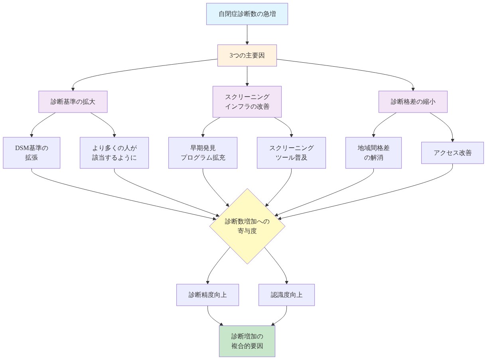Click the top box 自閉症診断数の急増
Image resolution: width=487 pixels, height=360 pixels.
pos(247,14)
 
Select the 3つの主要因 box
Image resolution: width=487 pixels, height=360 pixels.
pos(247,55)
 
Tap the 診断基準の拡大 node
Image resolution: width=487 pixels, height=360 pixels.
pos(73,102)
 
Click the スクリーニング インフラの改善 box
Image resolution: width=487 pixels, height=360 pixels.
pos(247,102)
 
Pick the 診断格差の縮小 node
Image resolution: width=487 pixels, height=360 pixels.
pos(413,102)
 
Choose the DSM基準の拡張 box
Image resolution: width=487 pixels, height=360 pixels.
pos(32,153)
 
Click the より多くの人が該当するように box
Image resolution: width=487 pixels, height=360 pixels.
pos(114,153)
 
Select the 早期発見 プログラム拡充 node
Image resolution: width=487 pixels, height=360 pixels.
pos(203,153)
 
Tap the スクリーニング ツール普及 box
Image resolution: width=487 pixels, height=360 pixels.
pos(291,153)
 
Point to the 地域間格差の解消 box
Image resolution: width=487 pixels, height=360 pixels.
pos(374,153)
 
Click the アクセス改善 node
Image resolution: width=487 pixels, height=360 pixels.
pos(452,153)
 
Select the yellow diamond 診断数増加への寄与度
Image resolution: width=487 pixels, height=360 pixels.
pos(247,226)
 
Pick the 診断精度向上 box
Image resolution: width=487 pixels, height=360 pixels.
pos(207,295)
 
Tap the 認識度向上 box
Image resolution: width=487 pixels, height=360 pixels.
pos(286,295)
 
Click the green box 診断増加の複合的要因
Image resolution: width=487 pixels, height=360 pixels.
pos(247,341)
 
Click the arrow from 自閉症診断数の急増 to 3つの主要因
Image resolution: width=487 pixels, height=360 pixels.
pos(247,35)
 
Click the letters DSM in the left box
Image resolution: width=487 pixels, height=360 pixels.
pos(22,148)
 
